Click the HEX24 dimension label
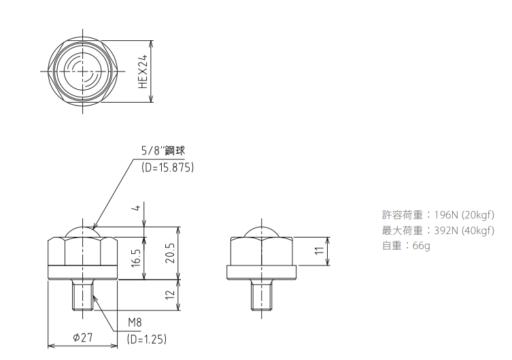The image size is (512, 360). [143, 72]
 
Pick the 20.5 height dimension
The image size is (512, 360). [170, 253]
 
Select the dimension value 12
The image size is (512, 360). [170, 295]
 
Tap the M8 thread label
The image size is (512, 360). [135, 323]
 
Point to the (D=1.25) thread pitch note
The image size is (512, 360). [146, 339]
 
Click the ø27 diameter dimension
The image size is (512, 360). [82, 338]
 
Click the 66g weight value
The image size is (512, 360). [422, 246]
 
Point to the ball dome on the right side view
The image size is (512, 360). [262, 231]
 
